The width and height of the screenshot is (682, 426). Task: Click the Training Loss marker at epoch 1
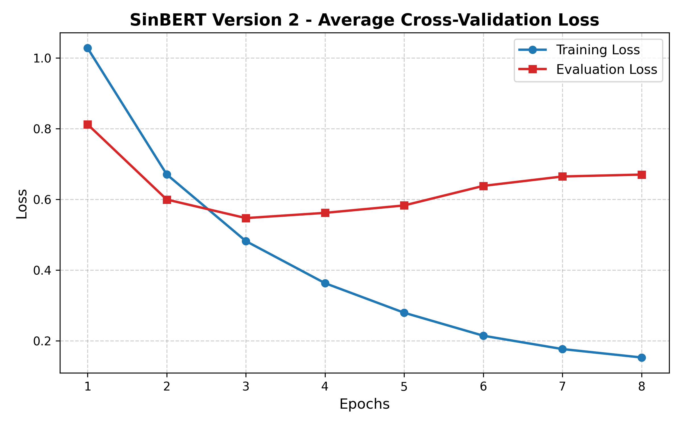[88, 48]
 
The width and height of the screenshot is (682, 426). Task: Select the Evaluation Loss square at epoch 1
[88, 125]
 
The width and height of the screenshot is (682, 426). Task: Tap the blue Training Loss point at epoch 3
[246, 241]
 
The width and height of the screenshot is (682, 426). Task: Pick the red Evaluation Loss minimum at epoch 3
[246, 218]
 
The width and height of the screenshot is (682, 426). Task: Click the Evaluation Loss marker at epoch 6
[483, 186]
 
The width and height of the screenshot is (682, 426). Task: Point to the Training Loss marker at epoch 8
[642, 358]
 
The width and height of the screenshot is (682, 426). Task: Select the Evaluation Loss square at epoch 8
[642, 175]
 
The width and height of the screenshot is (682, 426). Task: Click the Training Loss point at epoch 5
[404, 313]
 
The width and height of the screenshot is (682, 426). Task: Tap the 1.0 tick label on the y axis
[42, 59]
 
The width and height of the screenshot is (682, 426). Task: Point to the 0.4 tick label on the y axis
[42, 270]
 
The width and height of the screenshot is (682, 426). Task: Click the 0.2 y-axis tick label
[42, 341]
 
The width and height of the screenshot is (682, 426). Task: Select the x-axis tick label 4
[325, 387]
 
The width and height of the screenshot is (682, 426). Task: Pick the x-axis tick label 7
[562, 387]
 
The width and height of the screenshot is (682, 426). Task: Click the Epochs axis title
[364, 404]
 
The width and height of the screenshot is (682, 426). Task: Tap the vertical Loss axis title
[22, 204]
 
